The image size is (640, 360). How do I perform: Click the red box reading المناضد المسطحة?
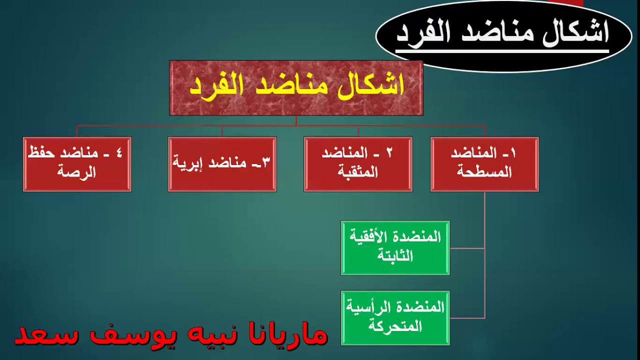484,164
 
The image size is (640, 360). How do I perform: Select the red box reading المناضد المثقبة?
358,164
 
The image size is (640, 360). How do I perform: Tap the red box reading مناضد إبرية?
222,164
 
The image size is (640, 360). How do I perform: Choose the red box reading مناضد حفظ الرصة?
77,164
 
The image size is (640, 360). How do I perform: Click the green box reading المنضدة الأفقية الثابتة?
395,247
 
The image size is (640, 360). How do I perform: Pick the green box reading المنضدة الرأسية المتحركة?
395,317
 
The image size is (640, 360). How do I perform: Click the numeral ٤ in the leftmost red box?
118,153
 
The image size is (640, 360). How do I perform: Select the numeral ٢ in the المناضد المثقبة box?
389,153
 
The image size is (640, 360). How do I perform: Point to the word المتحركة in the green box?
394,326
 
